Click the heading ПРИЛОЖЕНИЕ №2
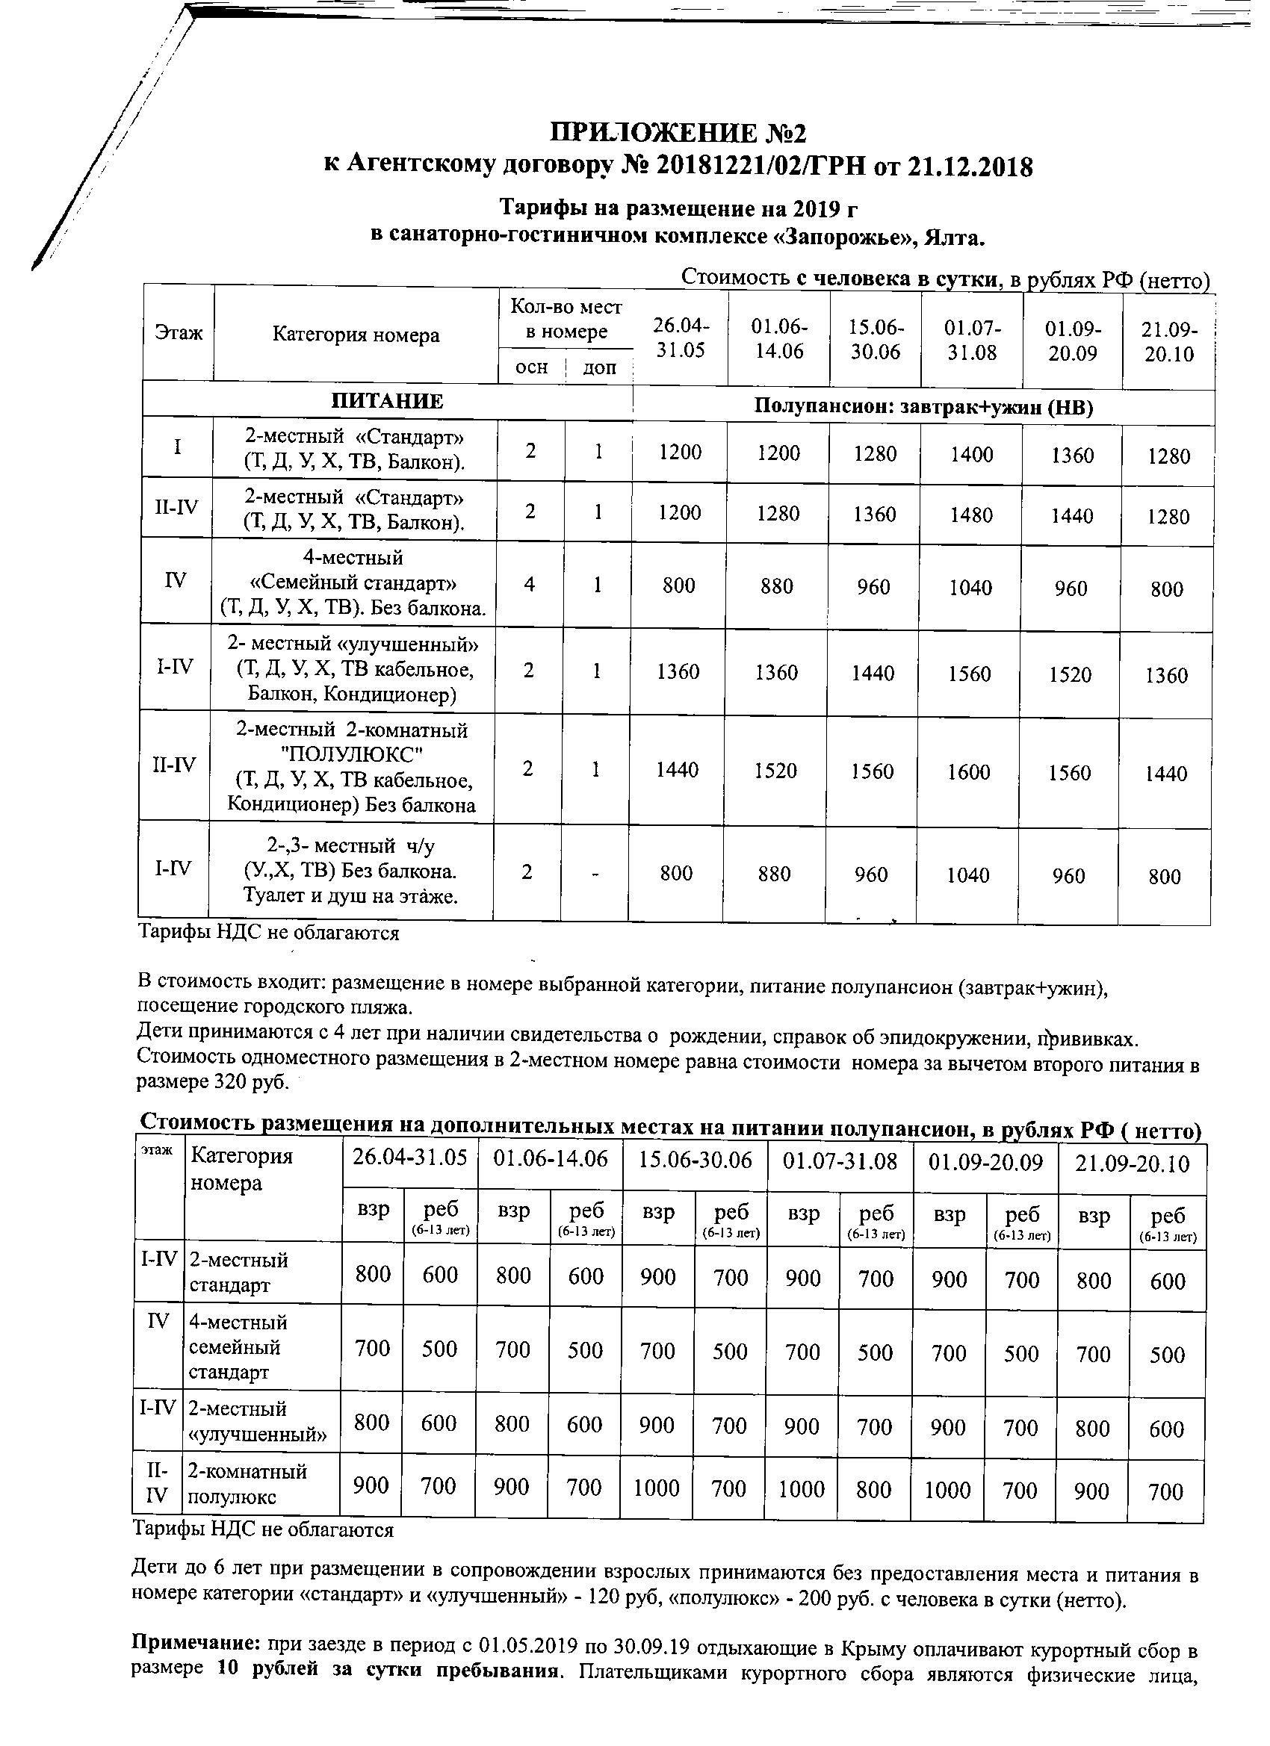pyautogui.click(x=677, y=133)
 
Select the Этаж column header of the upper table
pyautogui.click(x=179, y=332)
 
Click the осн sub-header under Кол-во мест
pyautogui.click(x=531, y=367)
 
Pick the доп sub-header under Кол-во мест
pyautogui.click(x=599, y=368)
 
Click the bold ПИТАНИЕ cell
pyautogui.click(x=388, y=401)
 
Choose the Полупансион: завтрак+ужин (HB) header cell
pyautogui.click(x=923, y=406)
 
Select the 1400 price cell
pyautogui.click(x=971, y=454)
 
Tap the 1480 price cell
pyautogui.click(x=971, y=515)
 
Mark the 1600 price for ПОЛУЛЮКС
pyautogui.click(x=968, y=771)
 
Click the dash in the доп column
pyautogui.click(x=596, y=873)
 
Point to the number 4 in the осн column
pyautogui.click(x=529, y=584)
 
